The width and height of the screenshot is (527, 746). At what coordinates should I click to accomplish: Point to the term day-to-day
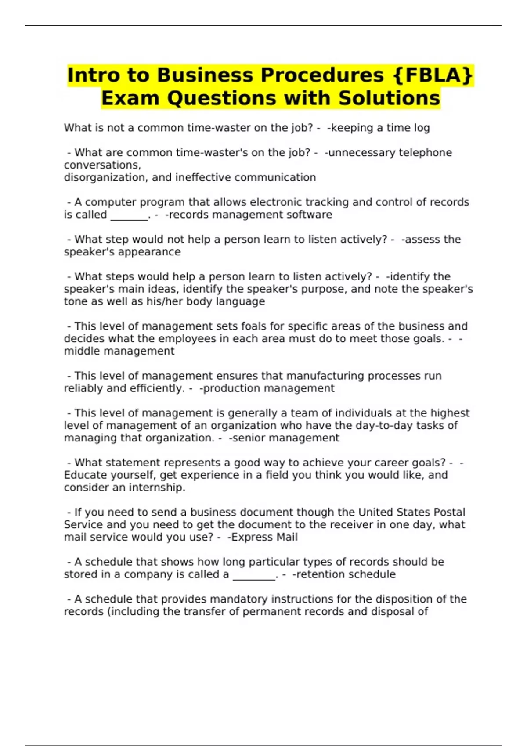pyautogui.click(x=376, y=425)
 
